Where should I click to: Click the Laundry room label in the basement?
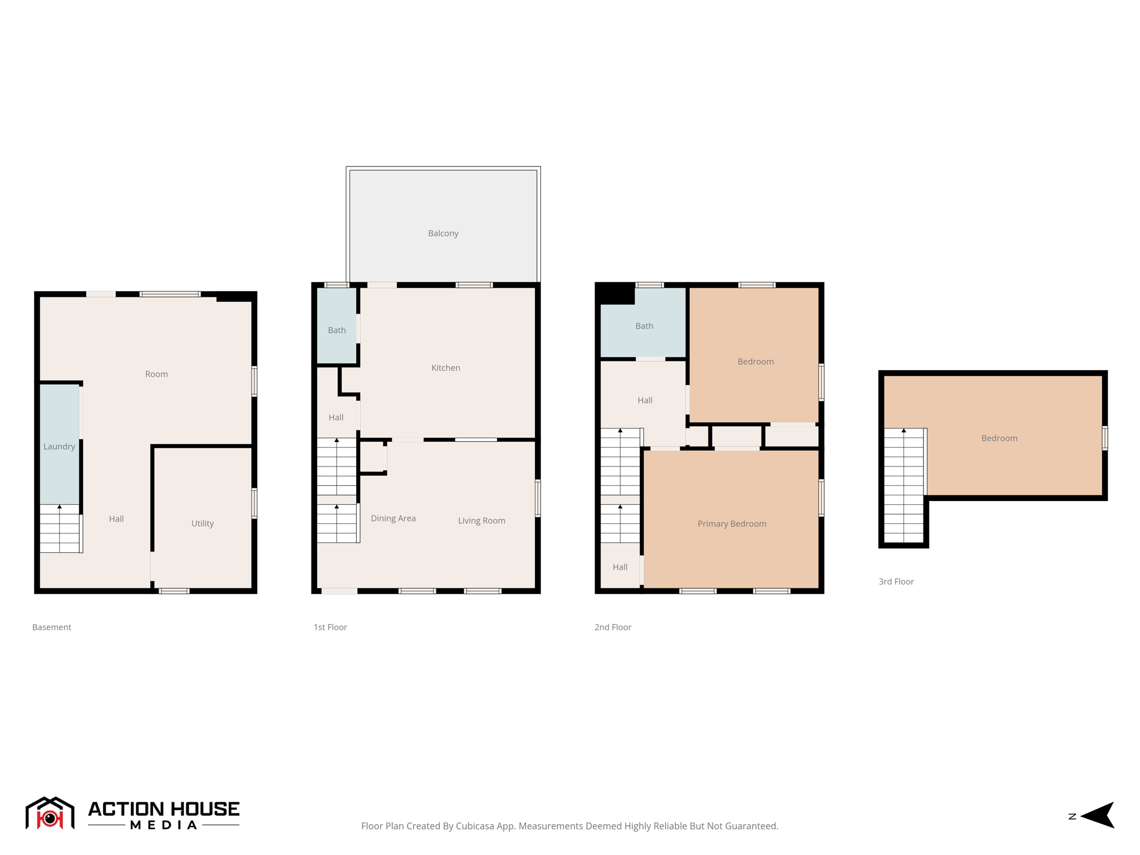(59, 446)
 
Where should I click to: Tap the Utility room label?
(202, 523)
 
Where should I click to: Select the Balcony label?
(443, 233)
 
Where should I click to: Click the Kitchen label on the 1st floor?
(445, 368)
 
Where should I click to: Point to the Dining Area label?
(393, 518)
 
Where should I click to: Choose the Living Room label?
(481, 520)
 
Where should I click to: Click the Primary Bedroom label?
(731, 524)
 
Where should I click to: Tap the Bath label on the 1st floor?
(336, 330)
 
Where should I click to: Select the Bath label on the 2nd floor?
(644, 326)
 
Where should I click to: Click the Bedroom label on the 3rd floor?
(999, 438)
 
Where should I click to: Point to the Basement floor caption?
(51, 627)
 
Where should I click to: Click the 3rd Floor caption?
(896, 581)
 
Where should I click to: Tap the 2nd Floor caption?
(612, 627)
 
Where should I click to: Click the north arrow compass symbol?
(1098, 815)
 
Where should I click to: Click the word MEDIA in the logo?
(164, 825)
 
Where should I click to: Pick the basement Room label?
(156, 374)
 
